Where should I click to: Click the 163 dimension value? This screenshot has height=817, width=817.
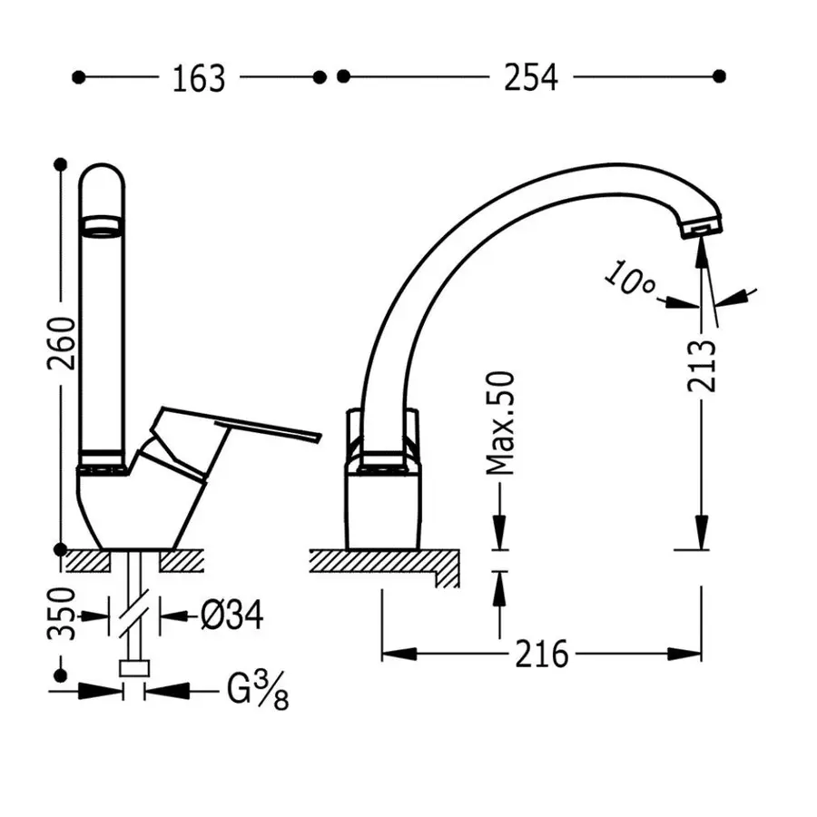199,79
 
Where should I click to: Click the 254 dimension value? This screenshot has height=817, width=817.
531,78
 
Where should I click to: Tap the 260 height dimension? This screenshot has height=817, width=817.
62,343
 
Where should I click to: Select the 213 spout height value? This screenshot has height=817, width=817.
702,366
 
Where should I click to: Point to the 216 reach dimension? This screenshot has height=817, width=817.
541,654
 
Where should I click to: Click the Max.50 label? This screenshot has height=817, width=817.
500,423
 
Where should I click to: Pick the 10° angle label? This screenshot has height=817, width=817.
630,280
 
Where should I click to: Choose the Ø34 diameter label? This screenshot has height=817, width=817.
232,615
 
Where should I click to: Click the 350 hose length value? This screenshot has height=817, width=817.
62,614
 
